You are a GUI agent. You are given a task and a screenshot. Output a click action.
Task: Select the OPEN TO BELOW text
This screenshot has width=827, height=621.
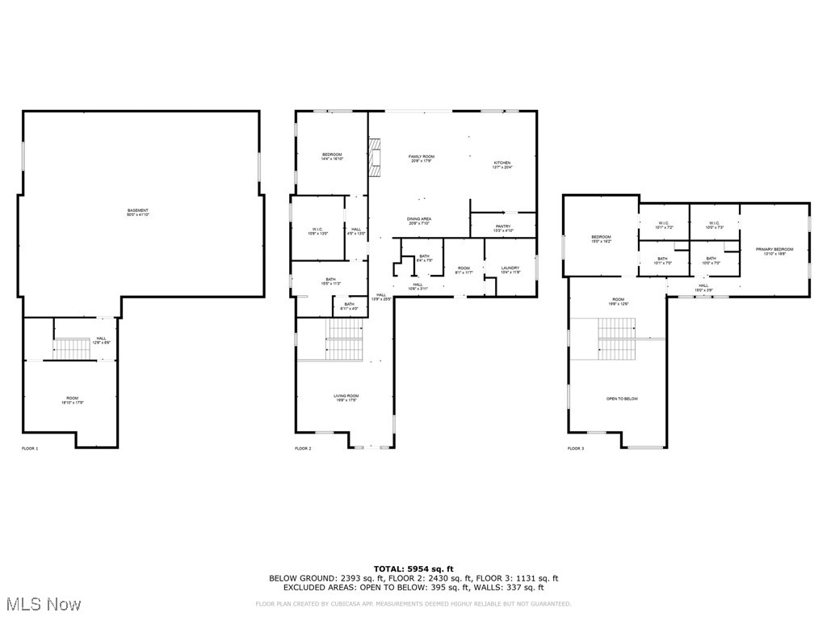tap(622, 399)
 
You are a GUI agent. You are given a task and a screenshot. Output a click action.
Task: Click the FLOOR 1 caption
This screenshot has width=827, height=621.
tap(30, 448)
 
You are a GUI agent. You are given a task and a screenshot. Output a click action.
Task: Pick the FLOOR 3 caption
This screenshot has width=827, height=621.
tap(575, 448)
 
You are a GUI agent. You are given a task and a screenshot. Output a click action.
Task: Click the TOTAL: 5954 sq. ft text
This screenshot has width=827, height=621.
tap(413, 569)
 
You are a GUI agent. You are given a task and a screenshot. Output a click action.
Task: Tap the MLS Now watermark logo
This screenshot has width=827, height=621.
tap(42, 604)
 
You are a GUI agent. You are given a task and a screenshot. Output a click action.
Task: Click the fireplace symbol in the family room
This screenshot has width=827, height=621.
tap(374, 157)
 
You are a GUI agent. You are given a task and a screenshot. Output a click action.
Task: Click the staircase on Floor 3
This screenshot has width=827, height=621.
tap(616, 340)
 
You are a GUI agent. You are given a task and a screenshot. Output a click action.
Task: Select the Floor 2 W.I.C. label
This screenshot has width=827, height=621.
tap(318, 231)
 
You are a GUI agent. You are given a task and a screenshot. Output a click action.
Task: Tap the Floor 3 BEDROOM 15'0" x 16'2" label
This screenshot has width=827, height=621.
tap(602, 239)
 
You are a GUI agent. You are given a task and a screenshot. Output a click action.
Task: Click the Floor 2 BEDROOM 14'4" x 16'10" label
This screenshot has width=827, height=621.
tap(332, 157)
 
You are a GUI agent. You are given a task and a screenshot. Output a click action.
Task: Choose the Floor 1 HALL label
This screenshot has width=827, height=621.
tap(101, 340)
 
